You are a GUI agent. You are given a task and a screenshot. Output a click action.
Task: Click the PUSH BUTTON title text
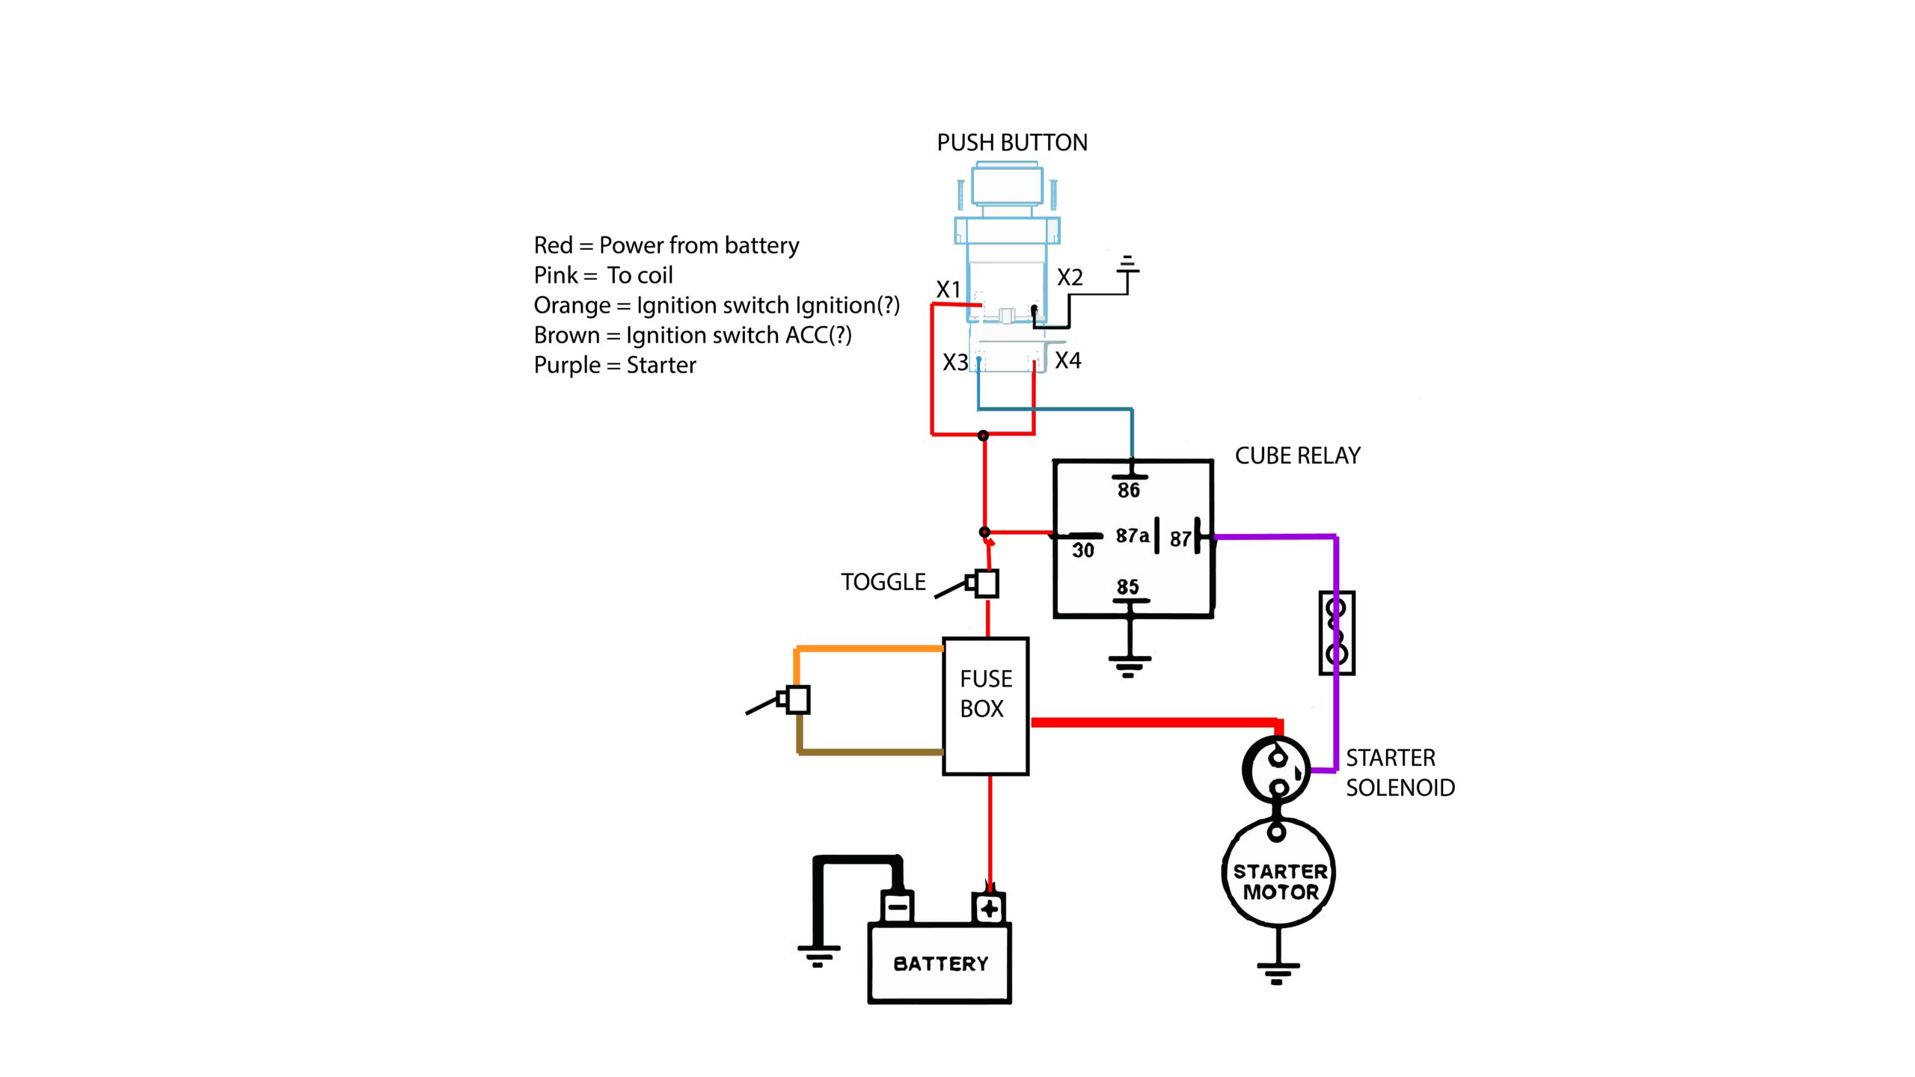click(x=1011, y=142)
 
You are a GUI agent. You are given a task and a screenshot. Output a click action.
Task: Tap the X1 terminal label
click(x=949, y=289)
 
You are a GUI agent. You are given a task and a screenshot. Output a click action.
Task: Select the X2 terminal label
click(x=1070, y=277)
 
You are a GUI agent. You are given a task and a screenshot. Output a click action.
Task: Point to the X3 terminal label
click(x=955, y=363)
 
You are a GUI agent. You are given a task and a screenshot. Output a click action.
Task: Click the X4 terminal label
click(x=1067, y=360)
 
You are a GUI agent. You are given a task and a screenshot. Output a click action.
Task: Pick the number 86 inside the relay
click(x=1129, y=491)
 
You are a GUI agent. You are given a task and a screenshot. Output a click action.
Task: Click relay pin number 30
click(x=1082, y=550)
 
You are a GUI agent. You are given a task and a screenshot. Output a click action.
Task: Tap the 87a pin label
click(x=1132, y=536)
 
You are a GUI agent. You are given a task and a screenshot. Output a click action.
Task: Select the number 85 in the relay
click(x=1127, y=586)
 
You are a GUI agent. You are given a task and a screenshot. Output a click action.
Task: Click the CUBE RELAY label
click(x=1297, y=455)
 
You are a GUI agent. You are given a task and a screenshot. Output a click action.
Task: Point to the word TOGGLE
click(x=883, y=582)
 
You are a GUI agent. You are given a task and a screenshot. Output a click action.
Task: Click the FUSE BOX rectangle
click(x=986, y=706)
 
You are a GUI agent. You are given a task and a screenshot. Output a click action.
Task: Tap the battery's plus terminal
click(x=989, y=909)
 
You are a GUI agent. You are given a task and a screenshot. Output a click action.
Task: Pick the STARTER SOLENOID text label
click(x=1400, y=773)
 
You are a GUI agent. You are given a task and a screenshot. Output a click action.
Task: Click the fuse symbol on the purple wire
click(x=1337, y=633)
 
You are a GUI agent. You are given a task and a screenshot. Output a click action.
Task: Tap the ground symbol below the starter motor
click(x=1277, y=973)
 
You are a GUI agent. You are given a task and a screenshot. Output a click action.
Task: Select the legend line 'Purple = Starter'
click(x=615, y=365)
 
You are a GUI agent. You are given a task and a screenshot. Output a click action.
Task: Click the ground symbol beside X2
click(x=1127, y=265)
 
